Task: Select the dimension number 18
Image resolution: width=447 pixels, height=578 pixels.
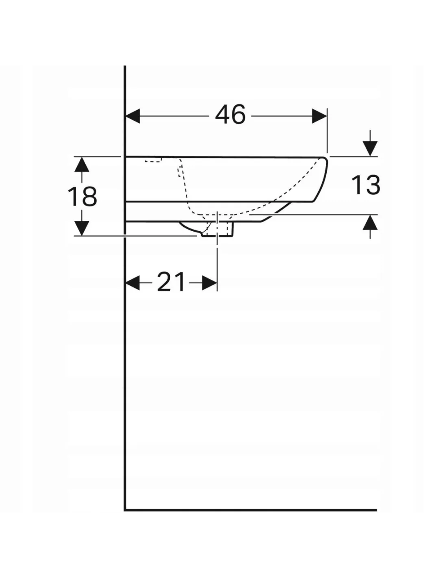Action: pyautogui.click(x=82, y=196)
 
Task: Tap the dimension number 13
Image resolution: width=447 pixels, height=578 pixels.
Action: pyautogui.click(x=366, y=185)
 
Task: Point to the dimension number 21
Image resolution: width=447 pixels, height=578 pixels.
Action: pyautogui.click(x=171, y=282)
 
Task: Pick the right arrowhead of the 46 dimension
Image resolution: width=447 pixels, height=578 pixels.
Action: pyautogui.click(x=319, y=116)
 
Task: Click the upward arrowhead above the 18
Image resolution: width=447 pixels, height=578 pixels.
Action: pyautogui.click(x=82, y=164)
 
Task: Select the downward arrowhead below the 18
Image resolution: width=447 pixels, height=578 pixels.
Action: pyautogui.click(x=82, y=228)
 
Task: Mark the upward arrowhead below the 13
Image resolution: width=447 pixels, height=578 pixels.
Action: pyautogui.click(x=370, y=222)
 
